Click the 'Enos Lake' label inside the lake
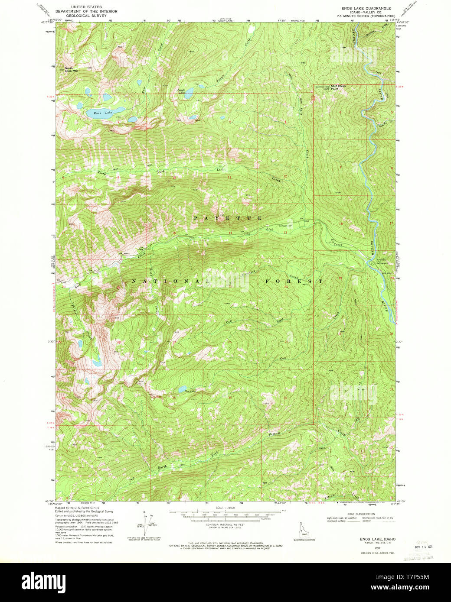click(103, 113)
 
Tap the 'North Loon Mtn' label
click(72, 69)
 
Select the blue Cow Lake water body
click(183, 389)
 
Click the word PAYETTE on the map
click(227, 218)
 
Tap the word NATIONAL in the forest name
click(170, 281)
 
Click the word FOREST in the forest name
click(294, 281)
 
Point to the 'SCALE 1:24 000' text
click(225, 507)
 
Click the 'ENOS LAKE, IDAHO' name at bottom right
click(371, 539)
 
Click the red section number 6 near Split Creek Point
click(340, 112)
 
